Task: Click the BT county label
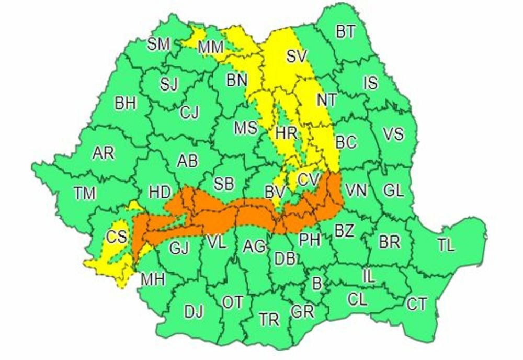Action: click(345, 32)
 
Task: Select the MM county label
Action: click(211, 48)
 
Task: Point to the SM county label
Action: click(158, 44)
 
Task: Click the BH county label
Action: click(126, 104)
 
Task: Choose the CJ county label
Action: click(189, 113)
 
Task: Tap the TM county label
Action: click(85, 193)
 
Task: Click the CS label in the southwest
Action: click(117, 237)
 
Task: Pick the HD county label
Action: click(160, 192)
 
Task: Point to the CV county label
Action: click(309, 179)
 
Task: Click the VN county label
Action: click(356, 190)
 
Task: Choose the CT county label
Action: click(417, 304)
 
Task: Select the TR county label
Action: click(269, 319)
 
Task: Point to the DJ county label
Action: click(194, 312)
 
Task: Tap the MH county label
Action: click(153, 279)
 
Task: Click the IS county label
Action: click(370, 83)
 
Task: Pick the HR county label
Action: click(286, 132)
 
